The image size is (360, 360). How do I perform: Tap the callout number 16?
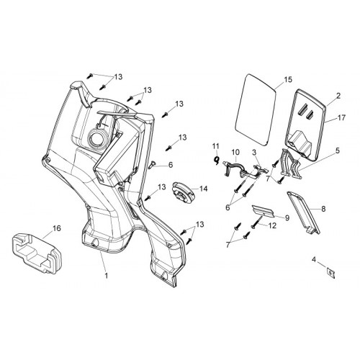pyautogui.click(x=57, y=228)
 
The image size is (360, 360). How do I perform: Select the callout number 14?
pyautogui.click(x=203, y=189)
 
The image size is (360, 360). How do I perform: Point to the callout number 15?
pyautogui.click(x=289, y=79)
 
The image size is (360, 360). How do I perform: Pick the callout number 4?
pyautogui.click(x=314, y=259)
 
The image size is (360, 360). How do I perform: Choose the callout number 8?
pyautogui.click(x=323, y=209)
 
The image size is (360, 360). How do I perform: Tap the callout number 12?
pyautogui.click(x=272, y=225)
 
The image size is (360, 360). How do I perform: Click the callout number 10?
pyautogui.click(x=235, y=152)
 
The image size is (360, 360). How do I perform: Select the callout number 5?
pyautogui.click(x=338, y=150)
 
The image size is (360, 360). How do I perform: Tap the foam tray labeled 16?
pyautogui.click(x=37, y=253)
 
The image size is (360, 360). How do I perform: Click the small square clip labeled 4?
pyautogui.click(x=330, y=274)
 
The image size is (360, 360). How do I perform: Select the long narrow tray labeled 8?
pyautogui.click(x=304, y=212)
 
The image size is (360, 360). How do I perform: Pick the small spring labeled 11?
pyautogui.click(x=217, y=160)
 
